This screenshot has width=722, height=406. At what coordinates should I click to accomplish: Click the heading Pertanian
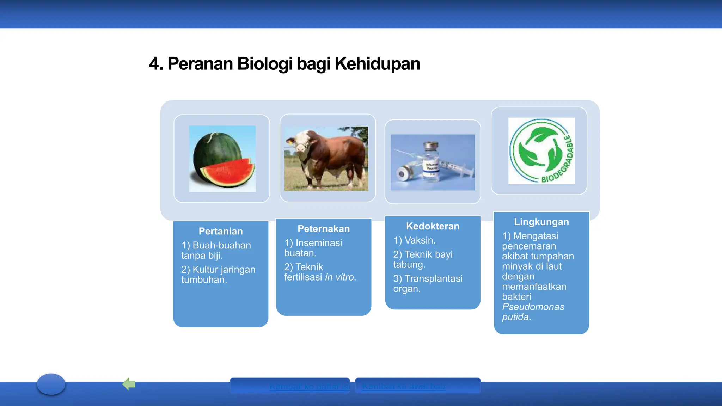click(x=221, y=231)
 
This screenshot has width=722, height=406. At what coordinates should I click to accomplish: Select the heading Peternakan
click(x=324, y=229)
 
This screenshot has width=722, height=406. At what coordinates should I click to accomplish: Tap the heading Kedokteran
click(x=433, y=226)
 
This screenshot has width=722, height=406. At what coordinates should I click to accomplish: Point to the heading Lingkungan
click(x=541, y=222)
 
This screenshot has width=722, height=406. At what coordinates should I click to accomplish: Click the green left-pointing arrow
click(x=129, y=384)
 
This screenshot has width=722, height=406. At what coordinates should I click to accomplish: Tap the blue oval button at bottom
click(x=51, y=384)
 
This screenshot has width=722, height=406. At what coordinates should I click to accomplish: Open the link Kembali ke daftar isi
click(x=309, y=387)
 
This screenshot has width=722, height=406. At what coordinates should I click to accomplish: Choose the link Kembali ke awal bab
click(x=404, y=386)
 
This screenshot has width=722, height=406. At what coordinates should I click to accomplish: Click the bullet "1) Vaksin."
click(x=415, y=240)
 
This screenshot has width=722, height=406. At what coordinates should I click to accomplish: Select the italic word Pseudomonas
click(x=533, y=307)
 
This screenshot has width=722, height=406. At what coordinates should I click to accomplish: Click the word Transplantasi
click(x=433, y=278)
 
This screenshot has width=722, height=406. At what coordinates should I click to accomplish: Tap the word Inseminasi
click(x=319, y=243)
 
